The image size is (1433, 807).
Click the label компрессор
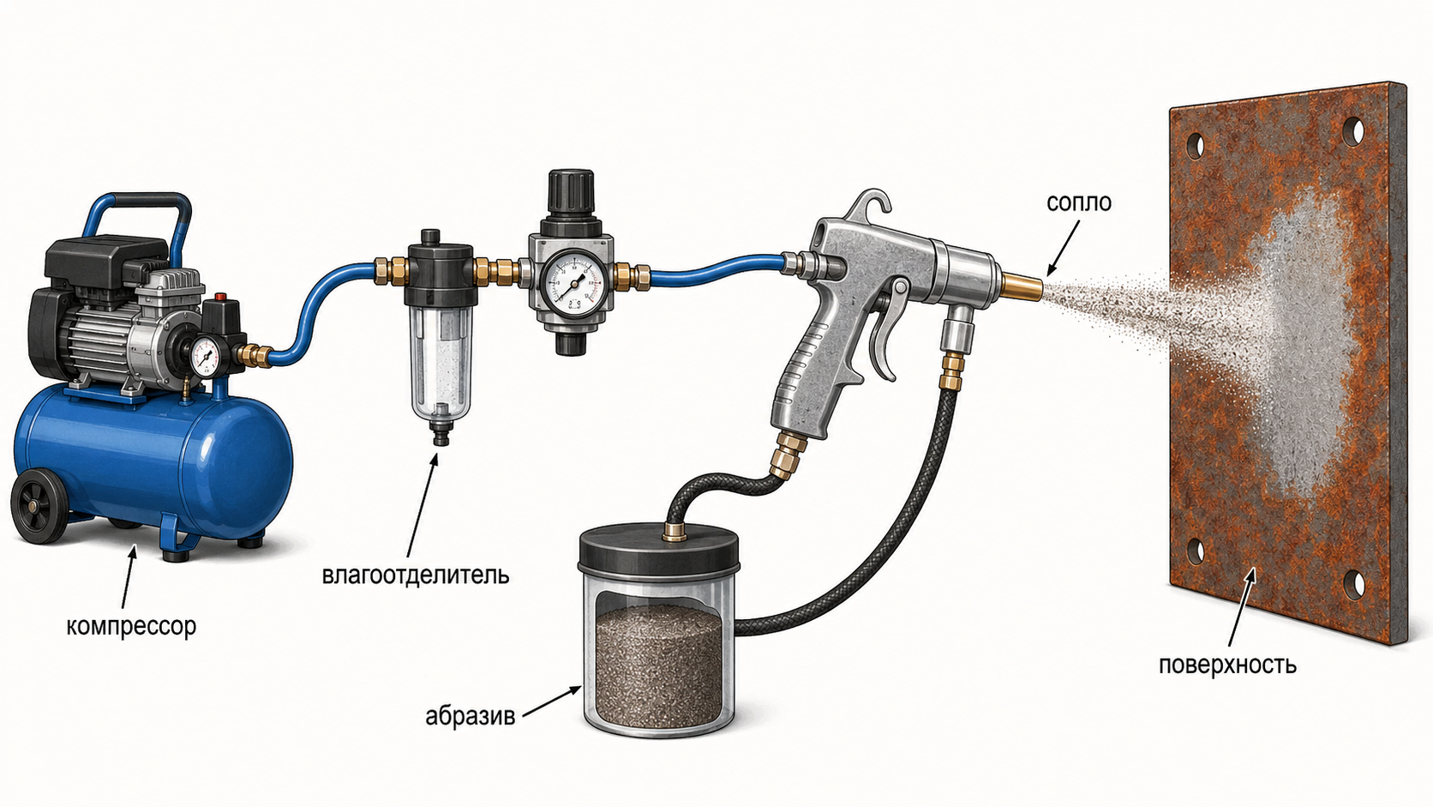coord(131,627)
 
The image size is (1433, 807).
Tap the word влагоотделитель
coord(416,575)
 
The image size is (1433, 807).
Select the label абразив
coord(471,716)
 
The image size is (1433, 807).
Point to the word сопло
coord(1078,203)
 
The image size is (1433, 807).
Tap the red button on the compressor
coord(222,297)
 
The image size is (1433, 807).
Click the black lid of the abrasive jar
coord(659,549)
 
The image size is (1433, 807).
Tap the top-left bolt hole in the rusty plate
coord(1195,145)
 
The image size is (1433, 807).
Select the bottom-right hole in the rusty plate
coord(1353,584)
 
